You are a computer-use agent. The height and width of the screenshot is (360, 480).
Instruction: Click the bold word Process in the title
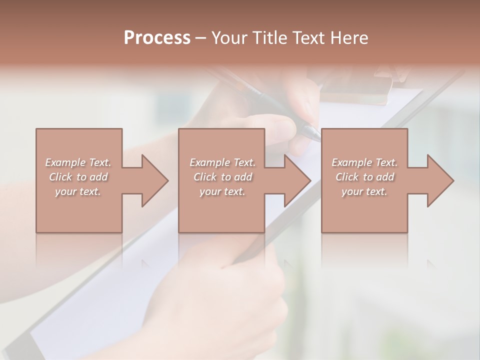pyautogui.click(x=157, y=37)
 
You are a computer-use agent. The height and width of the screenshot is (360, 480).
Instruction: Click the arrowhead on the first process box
pyautogui.click(x=153, y=180)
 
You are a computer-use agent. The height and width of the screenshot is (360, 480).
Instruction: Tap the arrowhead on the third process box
pyautogui.click(x=438, y=180)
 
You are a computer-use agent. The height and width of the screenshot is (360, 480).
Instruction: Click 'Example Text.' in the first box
pyautogui.click(x=78, y=162)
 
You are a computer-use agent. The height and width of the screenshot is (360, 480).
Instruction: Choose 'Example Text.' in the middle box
pyautogui.click(x=222, y=162)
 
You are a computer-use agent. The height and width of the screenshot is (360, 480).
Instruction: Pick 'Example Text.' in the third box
pyautogui.click(x=364, y=162)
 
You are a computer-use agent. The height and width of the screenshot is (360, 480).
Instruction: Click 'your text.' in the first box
pyautogui.click(x=78, y=191)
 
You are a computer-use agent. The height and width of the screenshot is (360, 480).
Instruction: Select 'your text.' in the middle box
pyautogui.click(x=222, y=191)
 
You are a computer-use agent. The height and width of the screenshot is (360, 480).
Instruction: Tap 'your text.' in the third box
pyautogui.click(x=364, y=191)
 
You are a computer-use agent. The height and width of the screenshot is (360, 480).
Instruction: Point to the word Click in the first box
pyautogui.click(x=60, y=177)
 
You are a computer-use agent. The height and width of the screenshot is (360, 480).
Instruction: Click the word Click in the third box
pyautogui.click(x=347, y=177)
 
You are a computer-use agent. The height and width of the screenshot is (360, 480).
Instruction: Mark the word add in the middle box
pyautogui.click(x=243, y=177)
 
